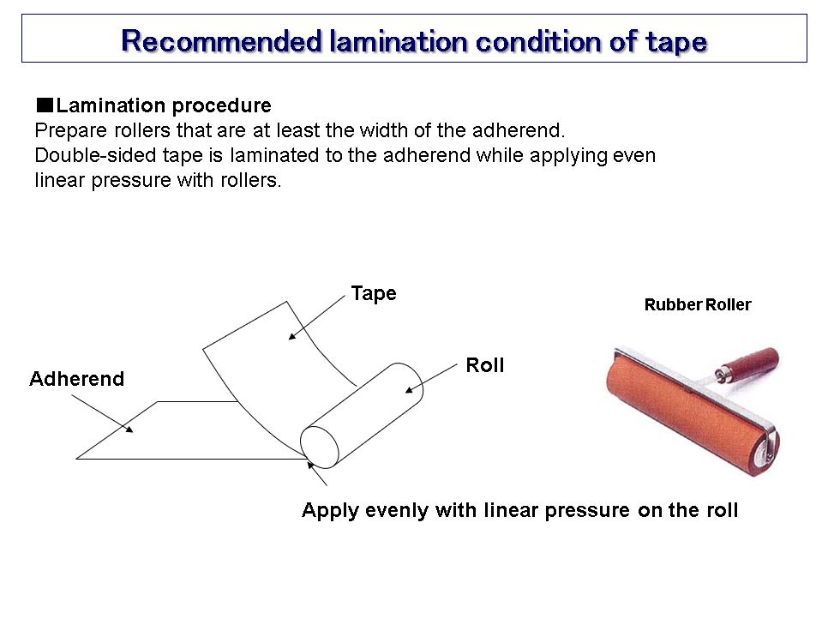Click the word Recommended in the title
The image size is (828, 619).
pos(221,40)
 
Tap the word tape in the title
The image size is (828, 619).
pos(676,42)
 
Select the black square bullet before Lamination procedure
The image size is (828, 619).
pos(45,105)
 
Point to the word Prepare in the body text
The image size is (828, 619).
pos(71,131)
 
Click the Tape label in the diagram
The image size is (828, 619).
pos(374,294)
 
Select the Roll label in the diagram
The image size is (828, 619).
pos(485,365)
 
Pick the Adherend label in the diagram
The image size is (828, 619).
pos(77,379)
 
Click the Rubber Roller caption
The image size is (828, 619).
pos(698,304)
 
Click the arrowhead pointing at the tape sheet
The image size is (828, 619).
pos(292,335)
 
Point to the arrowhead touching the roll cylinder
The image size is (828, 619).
pos(409,389)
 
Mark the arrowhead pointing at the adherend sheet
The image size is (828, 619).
pos(129,429)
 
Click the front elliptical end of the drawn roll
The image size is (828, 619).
pos(320,448)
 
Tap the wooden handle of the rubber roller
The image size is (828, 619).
pos(750,363)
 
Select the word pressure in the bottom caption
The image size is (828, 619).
pos(586,511)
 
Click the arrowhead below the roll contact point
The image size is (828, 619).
pos(311,466)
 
